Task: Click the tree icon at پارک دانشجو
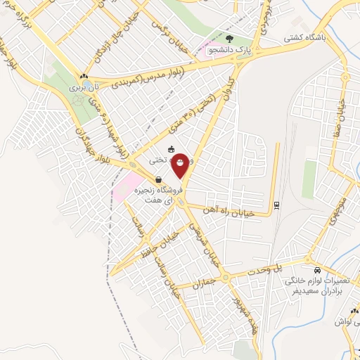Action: click(x=232, y=39)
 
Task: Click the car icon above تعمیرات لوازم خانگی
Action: click(x=318, y=270)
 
